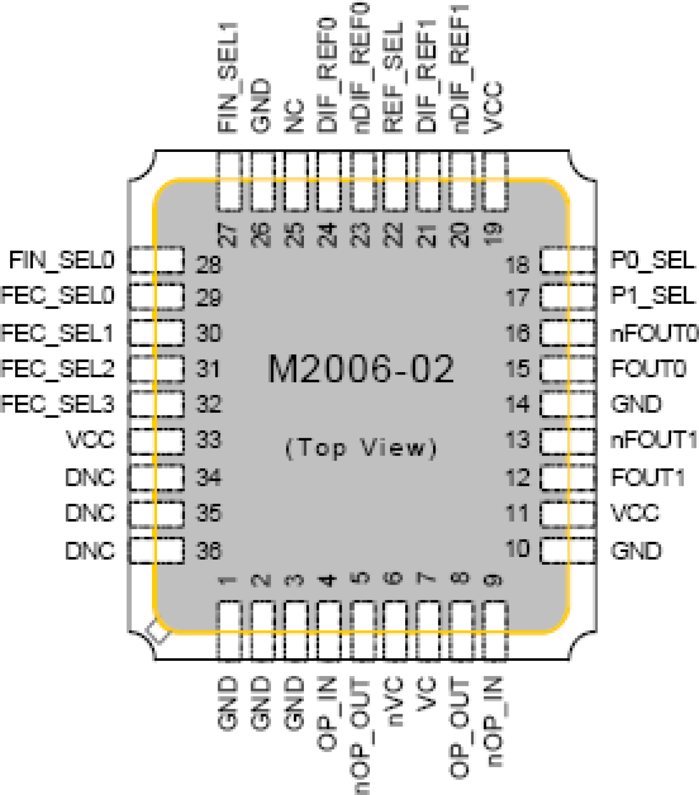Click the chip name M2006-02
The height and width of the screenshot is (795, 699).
361,369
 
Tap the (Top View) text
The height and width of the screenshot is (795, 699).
361,448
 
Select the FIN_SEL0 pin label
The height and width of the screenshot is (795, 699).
62,260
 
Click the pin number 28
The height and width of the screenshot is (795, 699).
209,264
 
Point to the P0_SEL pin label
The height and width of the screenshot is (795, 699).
652,260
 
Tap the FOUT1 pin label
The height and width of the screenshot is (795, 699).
647,477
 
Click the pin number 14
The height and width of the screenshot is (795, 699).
518,404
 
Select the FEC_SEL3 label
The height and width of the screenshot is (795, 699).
58,404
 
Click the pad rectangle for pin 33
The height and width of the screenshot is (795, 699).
156,441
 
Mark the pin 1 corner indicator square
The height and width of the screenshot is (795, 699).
157,632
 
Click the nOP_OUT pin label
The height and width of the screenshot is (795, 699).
362,735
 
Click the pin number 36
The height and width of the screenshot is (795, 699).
209,551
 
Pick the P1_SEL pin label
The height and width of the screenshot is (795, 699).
652,295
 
